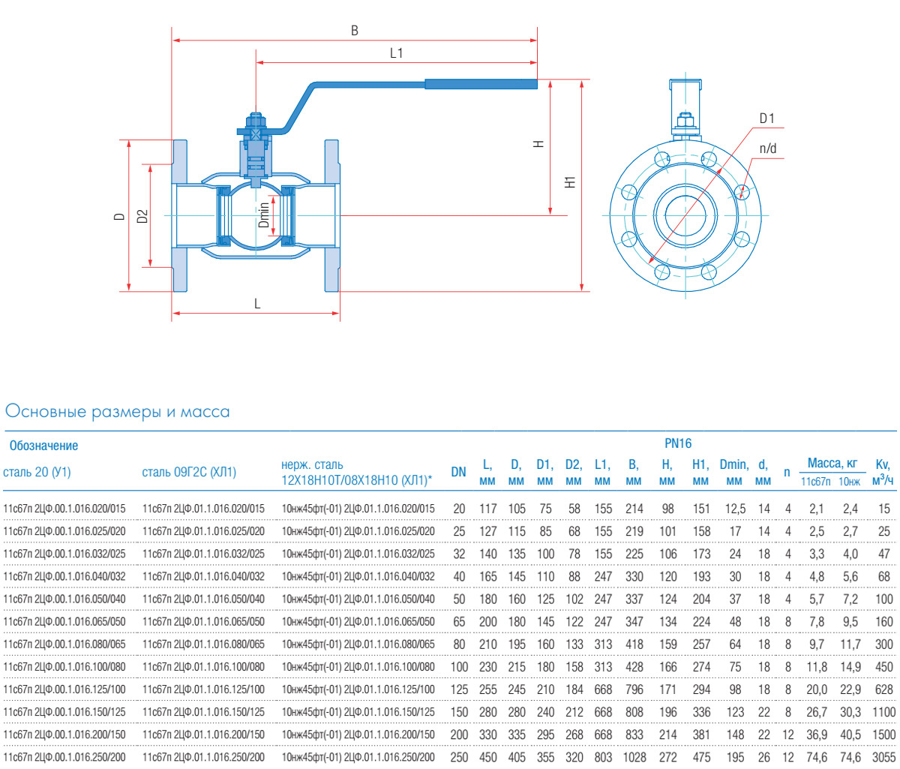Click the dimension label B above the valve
click(355, 31)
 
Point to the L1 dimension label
click(396, 53)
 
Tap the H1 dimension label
click(571, 182)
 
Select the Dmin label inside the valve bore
click(263, 215)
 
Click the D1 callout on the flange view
click(766, 119)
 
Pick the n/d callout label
click(768, 149)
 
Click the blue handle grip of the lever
click(481, 84)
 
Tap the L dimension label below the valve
click(257, 304)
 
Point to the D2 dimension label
click(142, 216)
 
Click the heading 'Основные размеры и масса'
click(117, 412)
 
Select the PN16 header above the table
click(678, 443)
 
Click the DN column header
click(458, 472)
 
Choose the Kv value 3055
click(883, 757)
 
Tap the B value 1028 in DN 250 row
click(634, 757)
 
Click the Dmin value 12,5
click(735, 509)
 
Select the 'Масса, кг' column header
click(832, 463)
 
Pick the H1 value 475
click(700, 757)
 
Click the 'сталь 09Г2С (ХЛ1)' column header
click(189, 472)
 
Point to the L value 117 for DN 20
click(487, 509)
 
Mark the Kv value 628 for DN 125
click(883, 689)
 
